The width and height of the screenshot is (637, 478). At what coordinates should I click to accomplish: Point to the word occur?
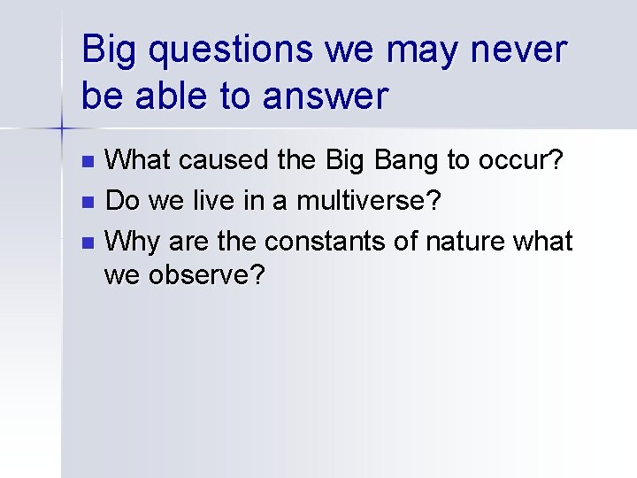pyautogui.click(x=526, y=162)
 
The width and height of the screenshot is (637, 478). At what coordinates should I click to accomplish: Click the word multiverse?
pyautogui.click(x=368, y=201)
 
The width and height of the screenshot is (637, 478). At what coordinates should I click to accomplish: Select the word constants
pyautogui.click(x=337, y=240)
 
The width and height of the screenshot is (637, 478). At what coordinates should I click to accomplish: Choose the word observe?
pyautogui.click(x=207, y=277)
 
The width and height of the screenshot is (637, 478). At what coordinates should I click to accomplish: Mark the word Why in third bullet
pyautogui.click(x=128, y=240)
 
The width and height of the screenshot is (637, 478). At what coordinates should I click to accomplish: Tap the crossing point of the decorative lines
pyautogui.click(x=61, y=129)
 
